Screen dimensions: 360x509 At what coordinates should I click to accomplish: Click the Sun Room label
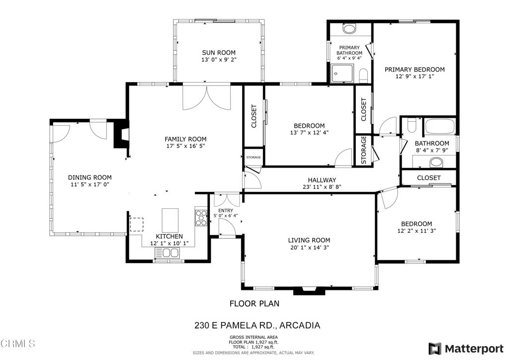(219, 52)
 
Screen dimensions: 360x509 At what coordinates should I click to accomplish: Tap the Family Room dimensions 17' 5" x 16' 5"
(185, 146)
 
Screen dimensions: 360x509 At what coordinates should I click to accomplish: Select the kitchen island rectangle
(170, 218)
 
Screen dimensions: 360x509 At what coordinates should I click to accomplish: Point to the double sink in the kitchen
(168, 254)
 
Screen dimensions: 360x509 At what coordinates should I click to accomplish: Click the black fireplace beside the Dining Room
(121, 134)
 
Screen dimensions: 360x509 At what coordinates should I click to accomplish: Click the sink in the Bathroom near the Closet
(436, 161)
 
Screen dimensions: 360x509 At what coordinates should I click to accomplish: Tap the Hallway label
(322, 180)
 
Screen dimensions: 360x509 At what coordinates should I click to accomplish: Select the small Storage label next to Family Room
(254, 158)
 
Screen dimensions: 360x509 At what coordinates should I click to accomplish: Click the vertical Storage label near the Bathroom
(363, 150)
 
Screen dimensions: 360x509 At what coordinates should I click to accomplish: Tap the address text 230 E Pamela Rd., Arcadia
(256, 326)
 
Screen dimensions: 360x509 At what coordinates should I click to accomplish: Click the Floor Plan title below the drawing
(254, 303)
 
